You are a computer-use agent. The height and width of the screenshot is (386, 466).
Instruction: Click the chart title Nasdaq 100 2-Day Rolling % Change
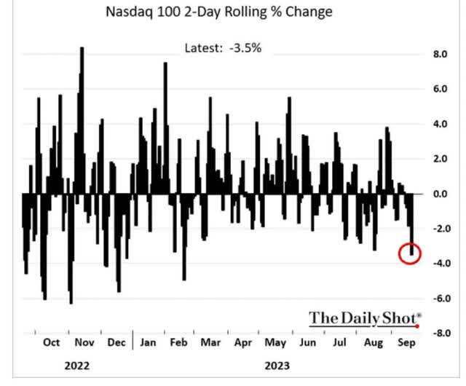[218, 12]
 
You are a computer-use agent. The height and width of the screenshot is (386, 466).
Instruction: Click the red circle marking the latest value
[410, 253]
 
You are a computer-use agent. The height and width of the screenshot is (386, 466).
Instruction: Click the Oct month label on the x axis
[51, 342]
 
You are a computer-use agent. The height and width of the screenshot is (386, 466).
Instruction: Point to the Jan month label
[148, 342]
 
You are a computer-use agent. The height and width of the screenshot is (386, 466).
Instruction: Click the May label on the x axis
[276, 342]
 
